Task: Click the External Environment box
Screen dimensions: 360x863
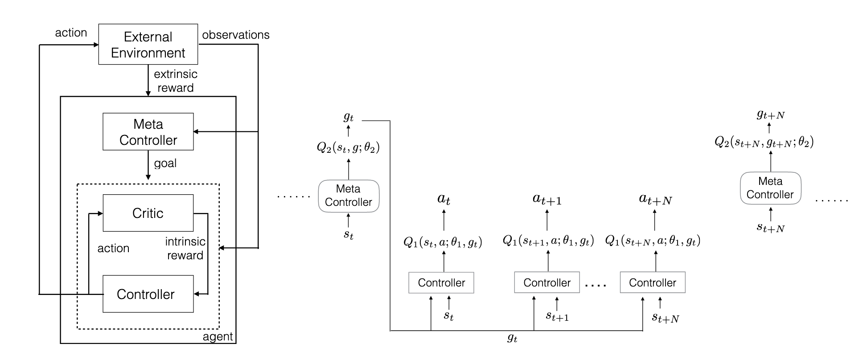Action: coord(148,44)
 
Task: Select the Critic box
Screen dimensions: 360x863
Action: coord(148,213)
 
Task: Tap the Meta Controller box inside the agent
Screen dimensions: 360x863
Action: coord(148,132)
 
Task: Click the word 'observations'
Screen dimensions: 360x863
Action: coord(236,35)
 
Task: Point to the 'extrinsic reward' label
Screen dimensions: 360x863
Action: coord(176,81)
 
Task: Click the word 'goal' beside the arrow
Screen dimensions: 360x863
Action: coord(165,163)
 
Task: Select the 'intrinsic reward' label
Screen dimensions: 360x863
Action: coord(185,248)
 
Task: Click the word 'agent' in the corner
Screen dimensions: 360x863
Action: coord(218,336)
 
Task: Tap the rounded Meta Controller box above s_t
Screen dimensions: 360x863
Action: coord(348,196)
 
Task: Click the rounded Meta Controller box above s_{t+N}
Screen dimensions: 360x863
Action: coord(770,188)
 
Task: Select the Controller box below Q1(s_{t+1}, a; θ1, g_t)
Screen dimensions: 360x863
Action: coord(547,282)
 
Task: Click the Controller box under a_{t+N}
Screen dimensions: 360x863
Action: coord(652,282)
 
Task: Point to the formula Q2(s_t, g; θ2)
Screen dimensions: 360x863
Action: coord(348,147)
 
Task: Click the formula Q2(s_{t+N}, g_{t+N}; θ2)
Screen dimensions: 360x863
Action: coord(764,142)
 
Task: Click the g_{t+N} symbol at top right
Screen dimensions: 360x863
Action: coord(770,114)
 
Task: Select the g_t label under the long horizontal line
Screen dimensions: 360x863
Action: coord(512,338)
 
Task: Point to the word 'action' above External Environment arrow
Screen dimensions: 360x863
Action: coord(71,33)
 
